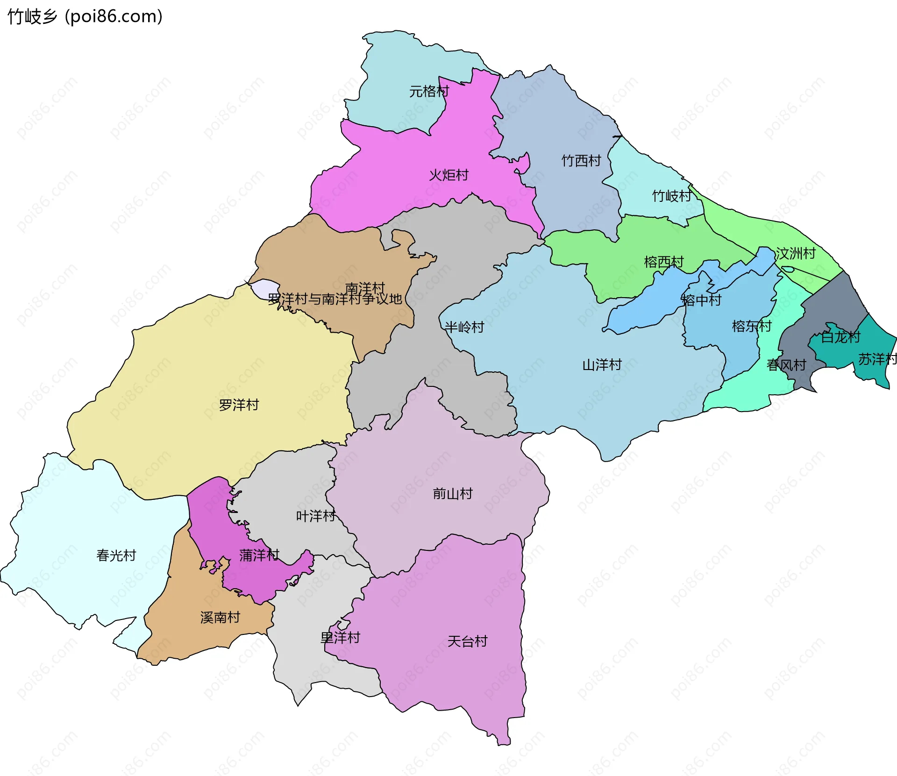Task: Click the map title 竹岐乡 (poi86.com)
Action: pos(85,16)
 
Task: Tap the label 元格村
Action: pos(429,91)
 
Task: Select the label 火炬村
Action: pos(448,175)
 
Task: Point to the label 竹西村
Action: pos(581,161)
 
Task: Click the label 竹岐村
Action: pos(671,196)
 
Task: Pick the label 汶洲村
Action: pos(795,253)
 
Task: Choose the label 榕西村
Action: pos(663,262)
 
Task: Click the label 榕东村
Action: pos(751,326)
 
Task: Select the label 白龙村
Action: pos(840,337)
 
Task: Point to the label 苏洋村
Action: pos(877,359)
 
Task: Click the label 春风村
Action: pos(786,365)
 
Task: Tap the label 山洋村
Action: pos(602,364)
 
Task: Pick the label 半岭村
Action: pos(464,327)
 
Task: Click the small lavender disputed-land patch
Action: pos(264,288)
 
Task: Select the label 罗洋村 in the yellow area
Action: pos(239,405)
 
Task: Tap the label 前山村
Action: pos(452,493)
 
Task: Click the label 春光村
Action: pos(116,555)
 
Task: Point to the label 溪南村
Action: pos(220,617)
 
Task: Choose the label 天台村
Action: pos(467,641)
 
